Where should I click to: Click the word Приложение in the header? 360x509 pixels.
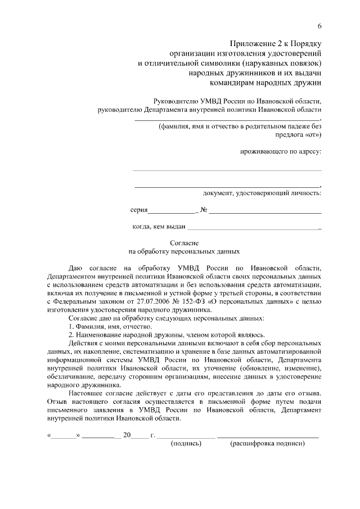[x=254, y=44]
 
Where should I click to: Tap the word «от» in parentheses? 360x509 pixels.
[x=313, y=135]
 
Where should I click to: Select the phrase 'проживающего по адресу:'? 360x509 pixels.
[x=281, y=151]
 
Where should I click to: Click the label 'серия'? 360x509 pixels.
[x=138, y=210]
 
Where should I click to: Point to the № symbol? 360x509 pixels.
[x=204, y=210]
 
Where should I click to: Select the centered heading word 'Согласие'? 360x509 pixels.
[x=184, y=243]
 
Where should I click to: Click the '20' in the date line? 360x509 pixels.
[x=127, y=435]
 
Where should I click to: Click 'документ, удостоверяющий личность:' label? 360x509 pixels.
[x=262, y=193]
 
